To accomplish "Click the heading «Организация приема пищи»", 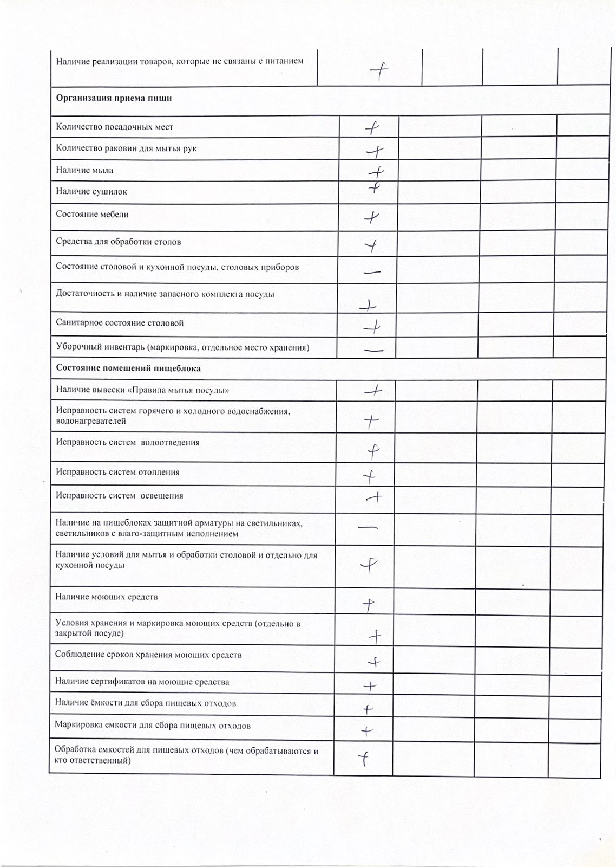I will [x=114, y=99].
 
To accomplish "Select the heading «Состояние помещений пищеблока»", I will [x=128, y=368].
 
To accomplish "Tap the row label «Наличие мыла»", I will [x=84, y=170].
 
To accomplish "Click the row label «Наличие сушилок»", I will [x=91, y=191].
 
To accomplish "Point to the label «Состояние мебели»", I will [x=92, y=215].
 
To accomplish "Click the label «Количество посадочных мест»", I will [x=114, y=127].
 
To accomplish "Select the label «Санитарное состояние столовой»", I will [x=120, y=323].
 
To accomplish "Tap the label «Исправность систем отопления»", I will [x=117, y=473].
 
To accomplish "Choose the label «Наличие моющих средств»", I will [x=106, y=597].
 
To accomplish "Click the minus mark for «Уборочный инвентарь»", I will [x=373, y=350].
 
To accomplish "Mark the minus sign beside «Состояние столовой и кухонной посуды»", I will [x=372, y=272].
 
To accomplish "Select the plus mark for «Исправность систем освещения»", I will [x=374, y=497].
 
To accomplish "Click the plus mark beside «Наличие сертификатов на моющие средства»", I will [x=370, y=687].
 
